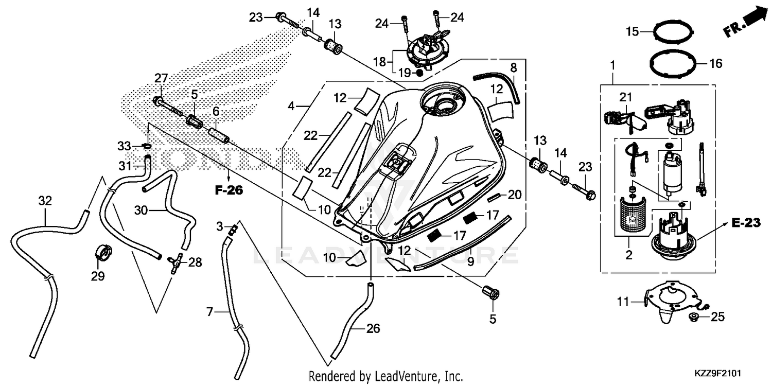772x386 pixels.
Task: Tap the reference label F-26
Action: coord(228,190)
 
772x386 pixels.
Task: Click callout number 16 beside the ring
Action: coord(716,64)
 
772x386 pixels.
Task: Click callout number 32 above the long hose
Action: coord(45,201)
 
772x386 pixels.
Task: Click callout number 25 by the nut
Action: coord(717,317)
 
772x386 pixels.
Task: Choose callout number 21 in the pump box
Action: coord(625,97)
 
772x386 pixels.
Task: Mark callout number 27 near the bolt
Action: coord(162,78)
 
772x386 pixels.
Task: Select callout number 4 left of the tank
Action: coord(291,107)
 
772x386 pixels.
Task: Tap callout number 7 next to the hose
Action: coord(209,311)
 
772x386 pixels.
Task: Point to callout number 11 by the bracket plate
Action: coord(623,302)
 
